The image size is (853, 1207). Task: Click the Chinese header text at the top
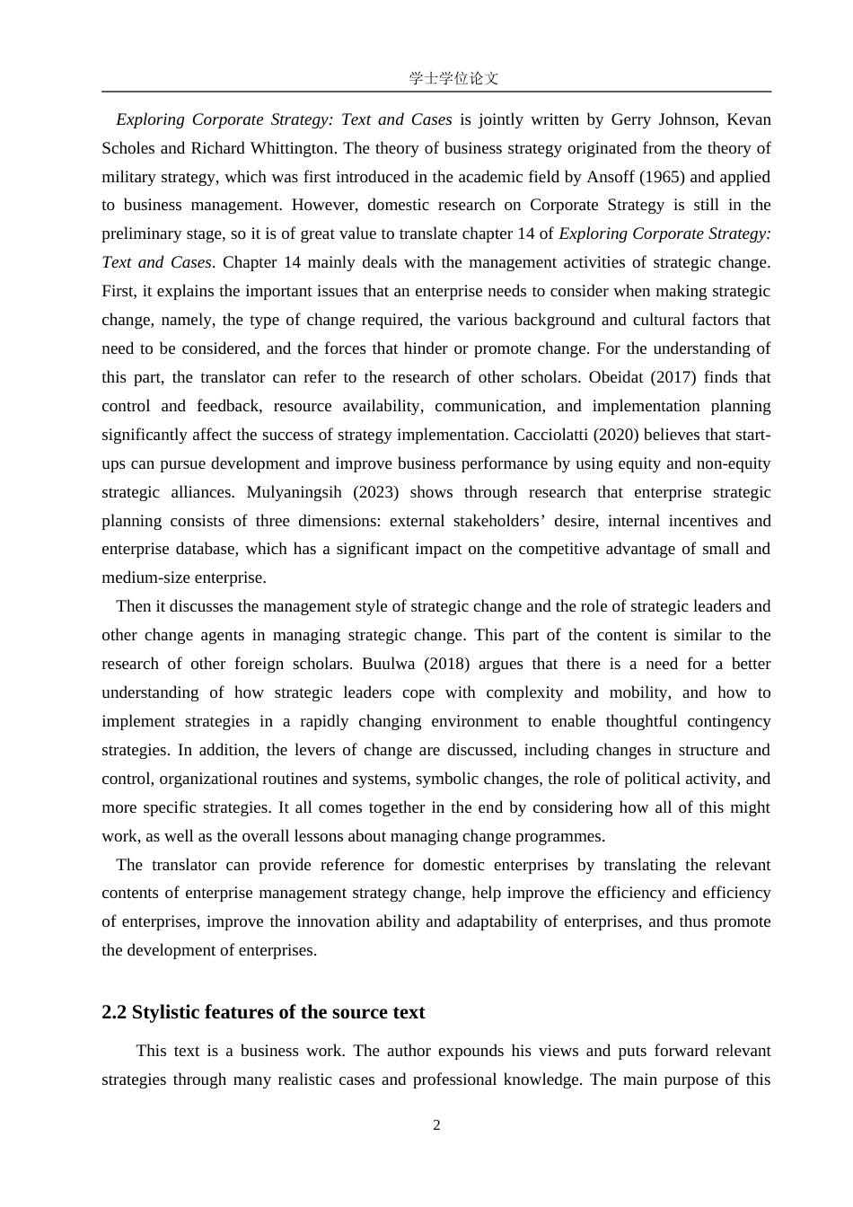click(453, 78)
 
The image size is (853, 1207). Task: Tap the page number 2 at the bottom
click(436, 1125)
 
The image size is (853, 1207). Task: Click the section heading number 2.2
click(114, 1012)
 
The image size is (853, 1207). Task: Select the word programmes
click(562, 836)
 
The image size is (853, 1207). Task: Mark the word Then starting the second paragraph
click(134, 606)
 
